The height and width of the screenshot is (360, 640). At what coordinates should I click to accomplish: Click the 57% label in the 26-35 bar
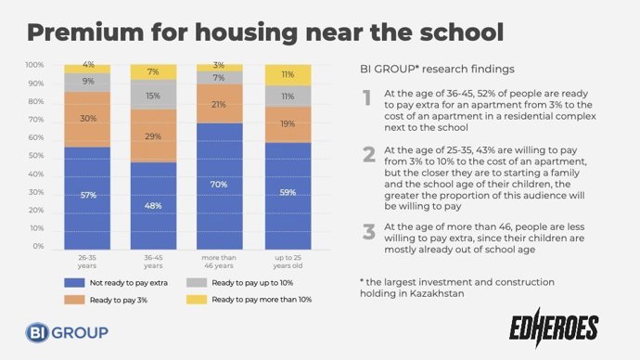pyautogui.click(x=87, y=195)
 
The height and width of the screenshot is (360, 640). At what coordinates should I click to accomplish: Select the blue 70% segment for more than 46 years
pyautogui.click(x=219, y=184)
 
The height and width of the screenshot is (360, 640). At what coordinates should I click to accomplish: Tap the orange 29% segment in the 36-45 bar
pyautogui.click(x=153, y=135)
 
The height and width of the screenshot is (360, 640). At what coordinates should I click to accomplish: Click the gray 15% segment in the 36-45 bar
pyautogui.click(x=153, y=95)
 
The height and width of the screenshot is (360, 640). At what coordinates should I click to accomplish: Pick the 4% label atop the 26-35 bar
pyautogui.click(x=88, y=65)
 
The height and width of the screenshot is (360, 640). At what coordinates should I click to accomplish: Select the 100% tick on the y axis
pyautogui.click(x=34, y=65)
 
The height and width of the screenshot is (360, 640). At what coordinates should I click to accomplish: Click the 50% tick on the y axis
pyautogui.click(x=34, y=156)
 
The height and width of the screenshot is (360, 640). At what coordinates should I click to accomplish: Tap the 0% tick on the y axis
pyautogui.click(x=37, y=247)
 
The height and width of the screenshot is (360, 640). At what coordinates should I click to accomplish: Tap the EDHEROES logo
pyautogui.click(x=554, y=326)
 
